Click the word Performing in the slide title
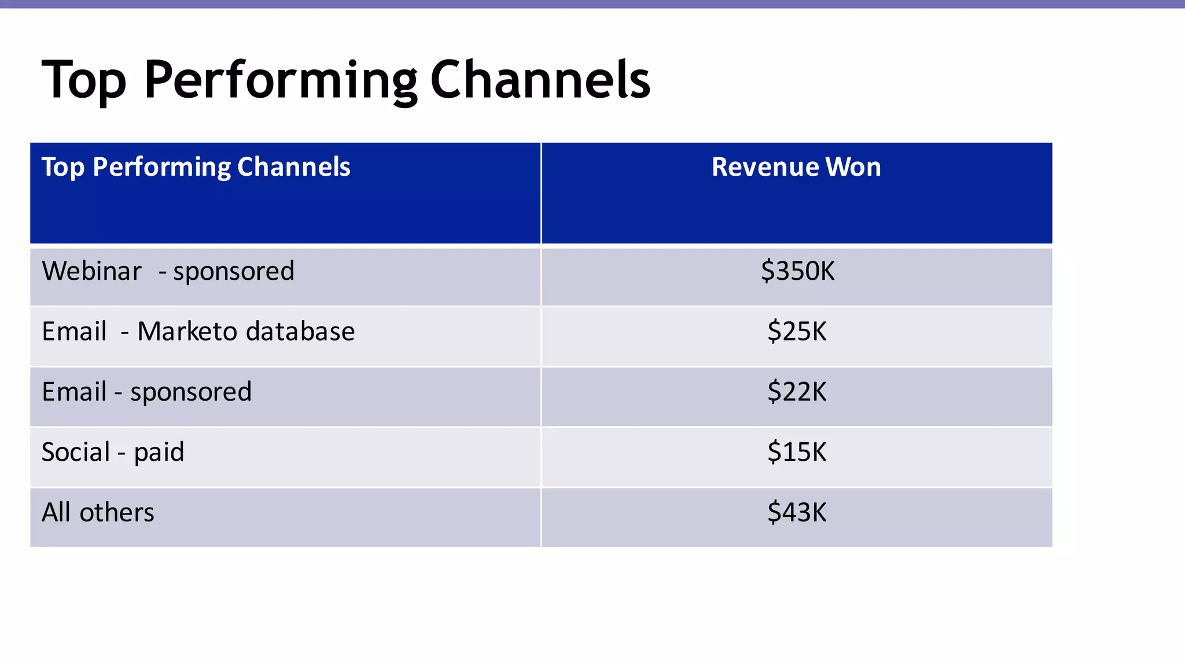point(280,81)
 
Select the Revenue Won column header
point(796,167)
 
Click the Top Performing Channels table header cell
point(196,167)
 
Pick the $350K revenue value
point(797,271)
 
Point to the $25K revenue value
point(797,332)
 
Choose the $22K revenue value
point(797,392)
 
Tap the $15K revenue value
point(797,452)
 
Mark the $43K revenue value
point(797,512)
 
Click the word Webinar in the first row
point(91,271)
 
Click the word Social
point(75,452)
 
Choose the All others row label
point(98,512)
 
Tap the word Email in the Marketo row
point(74,332)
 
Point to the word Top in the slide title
point(83,81)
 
